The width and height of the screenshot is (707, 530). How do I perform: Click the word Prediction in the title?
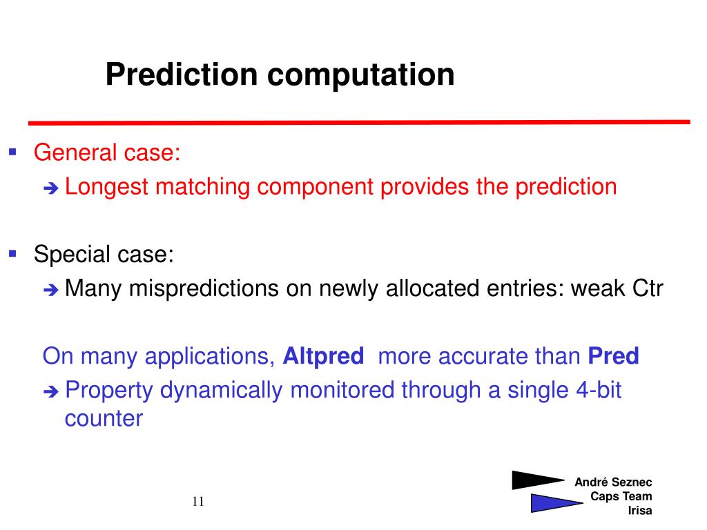(182, 74)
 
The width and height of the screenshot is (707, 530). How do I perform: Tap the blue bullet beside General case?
(12, 152)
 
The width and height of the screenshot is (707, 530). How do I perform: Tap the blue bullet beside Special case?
(12, 253)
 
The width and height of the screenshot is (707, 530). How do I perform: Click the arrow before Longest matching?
(51, 188)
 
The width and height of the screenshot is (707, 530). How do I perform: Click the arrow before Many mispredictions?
(51, 290)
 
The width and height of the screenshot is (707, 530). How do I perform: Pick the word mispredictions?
(204, 289)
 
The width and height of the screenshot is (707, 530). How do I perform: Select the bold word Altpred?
(323, 357)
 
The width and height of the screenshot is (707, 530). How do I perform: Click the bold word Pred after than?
(613, 355)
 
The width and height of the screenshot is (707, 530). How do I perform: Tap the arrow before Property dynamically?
(51, 392)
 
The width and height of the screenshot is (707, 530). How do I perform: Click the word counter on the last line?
(104, 419)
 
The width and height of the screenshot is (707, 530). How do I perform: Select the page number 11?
(198, 501)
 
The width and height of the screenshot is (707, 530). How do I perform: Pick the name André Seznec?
(613, 482)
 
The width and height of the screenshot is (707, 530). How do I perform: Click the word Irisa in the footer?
(640, 511)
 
